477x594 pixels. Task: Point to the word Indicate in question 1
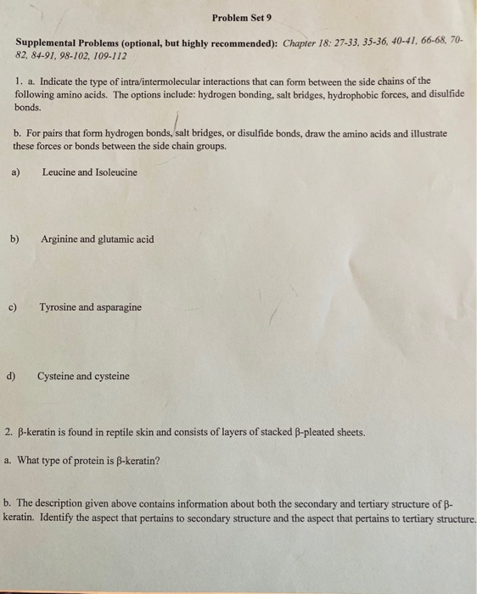(x=55, y=81)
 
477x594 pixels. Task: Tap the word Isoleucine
(x=114, y=172)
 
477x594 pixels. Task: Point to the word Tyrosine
(x=59, y=307)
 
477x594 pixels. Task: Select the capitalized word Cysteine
(x=56, y=376)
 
